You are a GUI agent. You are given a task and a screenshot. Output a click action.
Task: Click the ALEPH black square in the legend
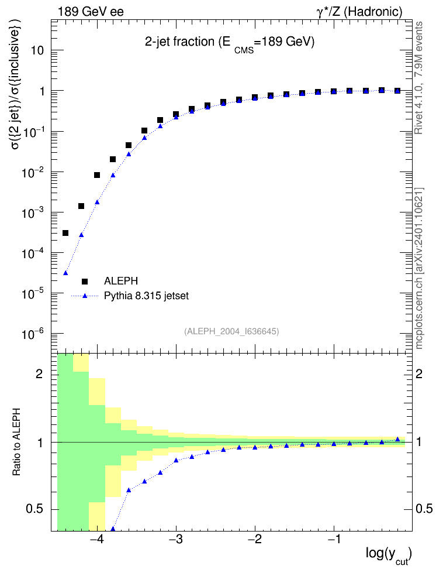[85, 281]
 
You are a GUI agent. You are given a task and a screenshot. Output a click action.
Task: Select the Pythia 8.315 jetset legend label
[147, 296]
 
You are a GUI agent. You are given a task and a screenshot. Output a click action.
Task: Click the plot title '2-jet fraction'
[180, 42]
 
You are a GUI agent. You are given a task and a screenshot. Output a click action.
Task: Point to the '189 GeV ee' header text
[91, 12]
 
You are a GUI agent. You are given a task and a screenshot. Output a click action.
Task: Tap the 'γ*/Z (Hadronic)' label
[359, 12]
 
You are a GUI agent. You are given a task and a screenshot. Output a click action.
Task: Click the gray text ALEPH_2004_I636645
[231, 331]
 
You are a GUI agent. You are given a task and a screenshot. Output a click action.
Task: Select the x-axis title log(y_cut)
[389, 555]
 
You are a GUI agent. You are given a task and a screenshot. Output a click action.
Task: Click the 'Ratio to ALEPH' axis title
[16, 442]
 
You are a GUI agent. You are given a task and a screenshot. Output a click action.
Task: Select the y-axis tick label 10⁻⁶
[33, 334]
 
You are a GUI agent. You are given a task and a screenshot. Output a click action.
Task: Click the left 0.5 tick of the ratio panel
[35, 509]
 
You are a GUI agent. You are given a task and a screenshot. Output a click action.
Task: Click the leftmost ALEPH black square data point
[65, 233]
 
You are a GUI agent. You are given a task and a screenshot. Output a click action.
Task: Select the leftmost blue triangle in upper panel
[65, 273]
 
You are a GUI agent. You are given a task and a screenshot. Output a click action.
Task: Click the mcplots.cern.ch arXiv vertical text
[419, 269]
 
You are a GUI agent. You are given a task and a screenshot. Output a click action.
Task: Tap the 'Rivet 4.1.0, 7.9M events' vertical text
[418, 78]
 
